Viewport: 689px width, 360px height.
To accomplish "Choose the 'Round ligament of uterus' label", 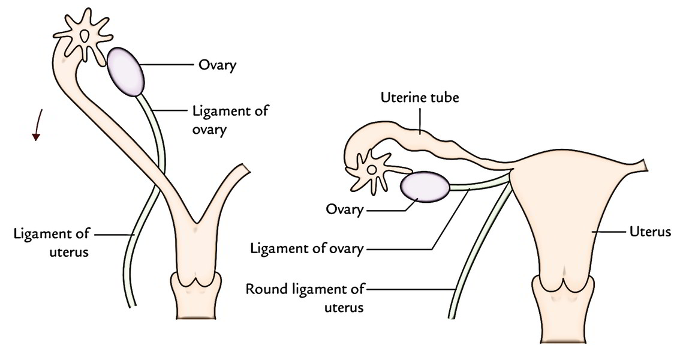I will click(306, 298).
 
